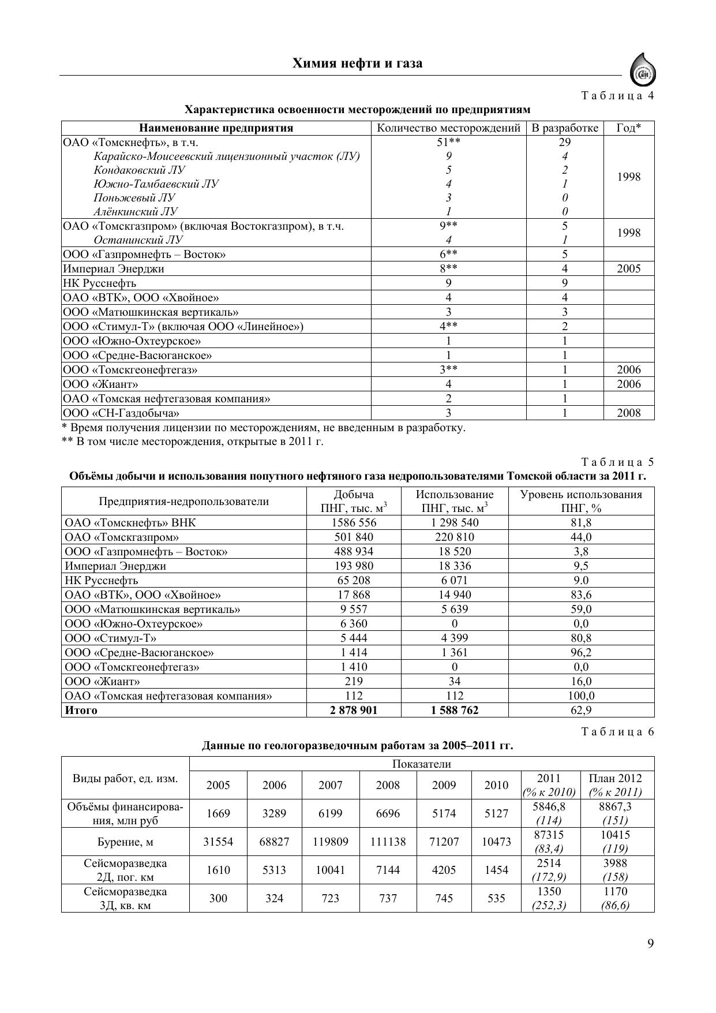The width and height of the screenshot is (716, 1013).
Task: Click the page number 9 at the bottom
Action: tap(650, 943)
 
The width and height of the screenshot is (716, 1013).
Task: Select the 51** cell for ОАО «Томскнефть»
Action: tap(448, 143)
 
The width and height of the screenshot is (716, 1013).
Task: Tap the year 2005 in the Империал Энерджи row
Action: tap(628, 268)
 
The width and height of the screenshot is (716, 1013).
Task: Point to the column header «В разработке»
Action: tap(564, 128)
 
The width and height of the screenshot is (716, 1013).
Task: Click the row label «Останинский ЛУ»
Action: tap(138, 240)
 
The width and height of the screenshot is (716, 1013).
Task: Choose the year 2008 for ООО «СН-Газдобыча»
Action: tap(628, 413)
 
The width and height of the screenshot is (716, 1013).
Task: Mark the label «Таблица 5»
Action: tap(617, 462)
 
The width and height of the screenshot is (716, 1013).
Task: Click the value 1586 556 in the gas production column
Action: tap(354, 522)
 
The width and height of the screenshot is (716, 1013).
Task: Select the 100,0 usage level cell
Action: tap(581, 696)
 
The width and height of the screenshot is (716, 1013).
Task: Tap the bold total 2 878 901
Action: tap(354, 710)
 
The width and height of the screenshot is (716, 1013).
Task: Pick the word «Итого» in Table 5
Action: tap(81, 710)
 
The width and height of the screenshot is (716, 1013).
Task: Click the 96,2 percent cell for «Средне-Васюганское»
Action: tap(581, 652)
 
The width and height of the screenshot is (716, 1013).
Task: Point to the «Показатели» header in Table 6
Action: tap(421, 764)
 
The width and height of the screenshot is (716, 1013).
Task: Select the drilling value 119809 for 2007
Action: tap(331, 842)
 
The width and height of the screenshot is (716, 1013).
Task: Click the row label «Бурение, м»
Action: tap(125, 842)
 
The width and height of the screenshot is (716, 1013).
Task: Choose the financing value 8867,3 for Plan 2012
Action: tap(615, 806)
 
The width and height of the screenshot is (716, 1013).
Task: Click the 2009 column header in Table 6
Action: tap(444, 785)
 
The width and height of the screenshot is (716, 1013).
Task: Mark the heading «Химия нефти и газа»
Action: tap(357, 63)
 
